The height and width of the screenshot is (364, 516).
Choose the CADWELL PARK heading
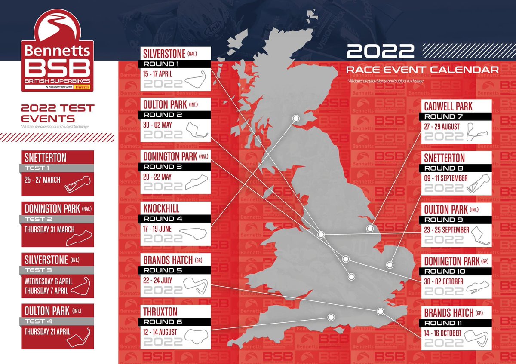point(448,106)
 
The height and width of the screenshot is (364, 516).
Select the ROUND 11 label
point(456,323)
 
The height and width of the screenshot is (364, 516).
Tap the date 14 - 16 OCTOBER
point(442,333)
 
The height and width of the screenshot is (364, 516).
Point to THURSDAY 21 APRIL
point(48,332)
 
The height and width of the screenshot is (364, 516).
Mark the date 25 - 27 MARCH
point(42,180)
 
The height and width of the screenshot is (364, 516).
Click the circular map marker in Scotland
point(295,118)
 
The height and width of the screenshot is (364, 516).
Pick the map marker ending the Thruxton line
point(331,317)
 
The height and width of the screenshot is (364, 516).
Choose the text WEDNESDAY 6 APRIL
point(49,281)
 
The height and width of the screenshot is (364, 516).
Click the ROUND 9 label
point(456,220)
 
